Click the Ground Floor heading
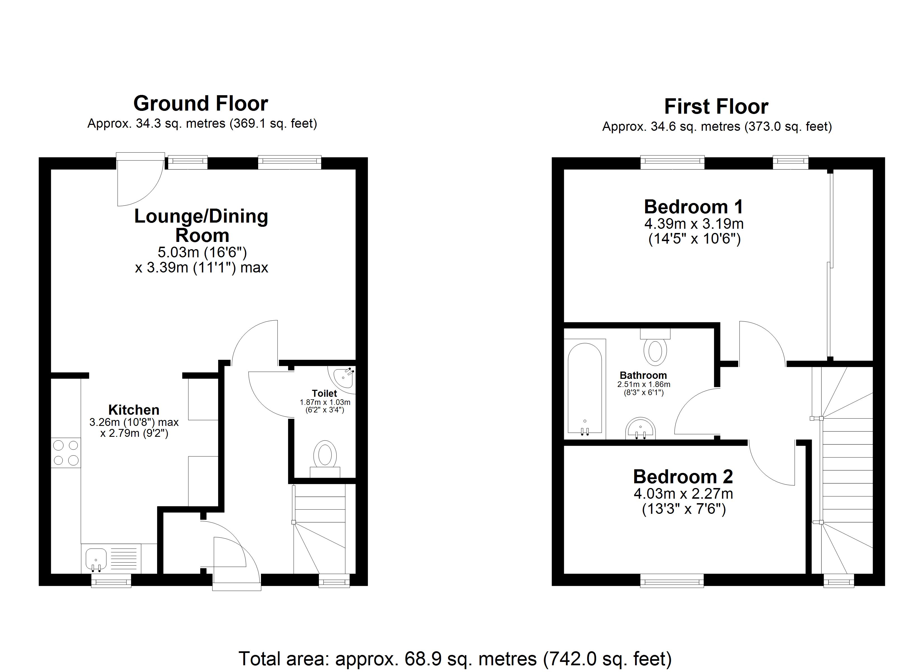(x=200, y=104)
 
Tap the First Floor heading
(x=716, y=107)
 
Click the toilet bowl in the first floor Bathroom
(x=655, y=351)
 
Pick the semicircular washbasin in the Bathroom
(x=640, y=429)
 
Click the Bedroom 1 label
(x=694, y=207)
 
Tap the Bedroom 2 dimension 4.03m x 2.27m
(x=683, y=494)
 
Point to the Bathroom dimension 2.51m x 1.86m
(x=644, y=384)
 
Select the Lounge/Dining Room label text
(x=201, y=225)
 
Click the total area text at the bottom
(x=455, y=659)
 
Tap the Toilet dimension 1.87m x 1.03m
(x=325, y=402)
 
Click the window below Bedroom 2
(x=672, y=580)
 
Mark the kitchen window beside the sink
(x=111, y=580)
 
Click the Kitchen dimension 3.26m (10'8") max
(x=134, y=422)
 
